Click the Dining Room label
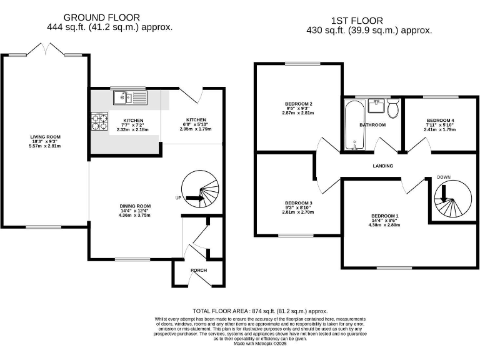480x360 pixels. coord(136,206)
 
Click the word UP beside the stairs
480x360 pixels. coord(178,197)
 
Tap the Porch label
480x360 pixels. coord(199,270)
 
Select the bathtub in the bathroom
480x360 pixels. coord(354,127)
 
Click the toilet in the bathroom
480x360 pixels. coord(393,109)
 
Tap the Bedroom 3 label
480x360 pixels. coord(298,202)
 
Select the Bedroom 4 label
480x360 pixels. coord(440,120)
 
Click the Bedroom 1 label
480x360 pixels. coord(384,216)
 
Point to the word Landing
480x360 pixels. coord(383,166)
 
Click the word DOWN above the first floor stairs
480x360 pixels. coord(444,177)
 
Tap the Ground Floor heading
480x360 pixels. coord(110,17)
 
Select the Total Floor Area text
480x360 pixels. coord(260,311)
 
